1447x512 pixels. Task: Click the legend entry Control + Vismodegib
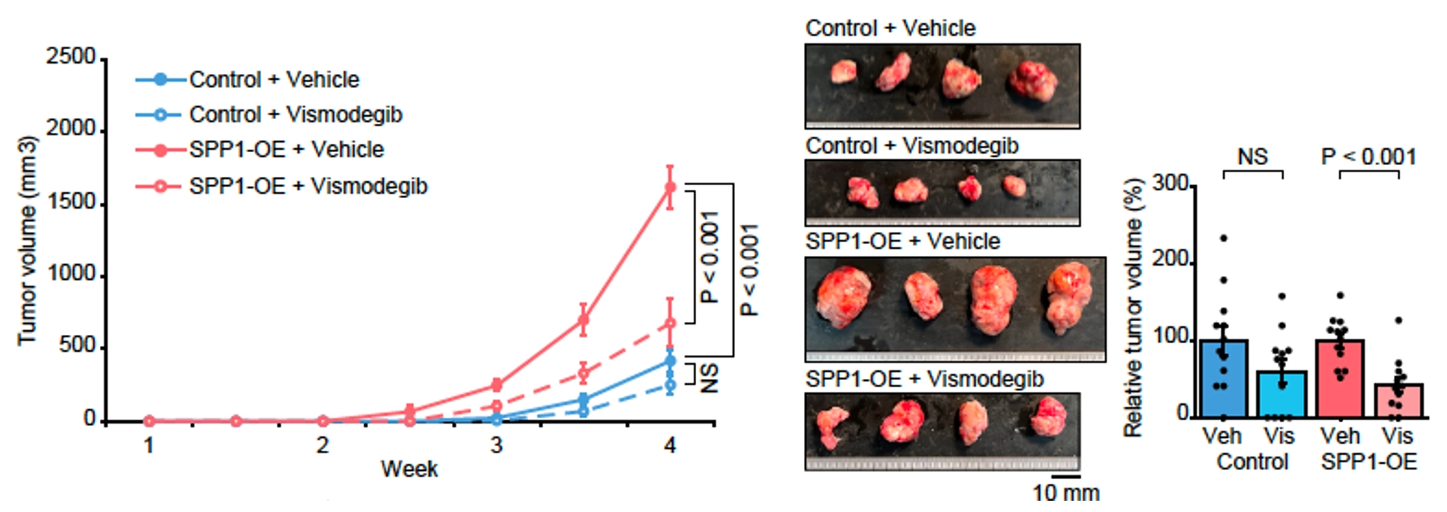point(295,114)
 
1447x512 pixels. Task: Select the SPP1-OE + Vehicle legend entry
point(286,150)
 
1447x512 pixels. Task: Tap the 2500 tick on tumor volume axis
point(71,57)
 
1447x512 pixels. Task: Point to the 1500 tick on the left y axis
point(71,201)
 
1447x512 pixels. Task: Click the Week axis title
point(409,469)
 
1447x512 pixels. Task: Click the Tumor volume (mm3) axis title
point(27,242)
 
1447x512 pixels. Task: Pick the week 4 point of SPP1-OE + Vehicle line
point(670,188)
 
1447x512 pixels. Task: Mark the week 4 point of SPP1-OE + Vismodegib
point(670,324)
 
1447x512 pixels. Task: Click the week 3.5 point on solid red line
point(583,320)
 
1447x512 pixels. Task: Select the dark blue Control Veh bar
point(1223,378)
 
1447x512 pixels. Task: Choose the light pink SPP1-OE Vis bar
point(1399,400)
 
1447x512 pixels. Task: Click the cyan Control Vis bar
point(1281,394)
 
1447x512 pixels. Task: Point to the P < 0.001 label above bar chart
point(1368,156)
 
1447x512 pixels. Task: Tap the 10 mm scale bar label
point(1066,492)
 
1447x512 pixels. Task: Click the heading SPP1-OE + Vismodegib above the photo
point(924,378)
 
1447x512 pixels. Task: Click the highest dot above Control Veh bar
point(1223,238)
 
